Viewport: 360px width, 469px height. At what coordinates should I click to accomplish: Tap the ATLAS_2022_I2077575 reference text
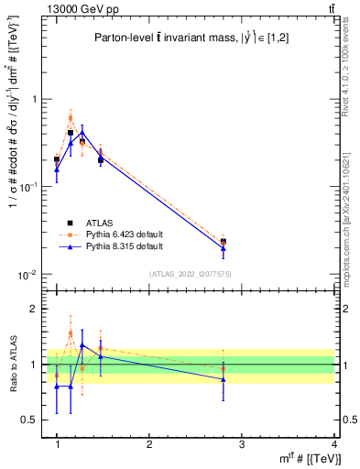click(x=190, y=274)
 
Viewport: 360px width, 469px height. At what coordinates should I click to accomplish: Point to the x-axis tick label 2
click(x=149, y=444)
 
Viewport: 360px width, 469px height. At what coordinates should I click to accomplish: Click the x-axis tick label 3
click(x=242, y=444)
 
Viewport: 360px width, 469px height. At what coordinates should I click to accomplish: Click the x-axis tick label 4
click(x=333, y=444)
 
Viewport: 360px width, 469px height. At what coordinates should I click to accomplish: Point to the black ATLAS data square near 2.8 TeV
click(x=224, y=242)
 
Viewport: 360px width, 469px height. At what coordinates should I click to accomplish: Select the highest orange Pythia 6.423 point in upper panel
click(x=71, y=118)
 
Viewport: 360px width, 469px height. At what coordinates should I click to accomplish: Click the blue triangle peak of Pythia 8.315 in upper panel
click(x=82, y=132)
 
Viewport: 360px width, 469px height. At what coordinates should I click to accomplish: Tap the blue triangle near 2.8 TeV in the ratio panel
click(x=224, y=379)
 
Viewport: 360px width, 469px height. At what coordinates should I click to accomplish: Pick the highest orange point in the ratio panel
click(x=71, y=333)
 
